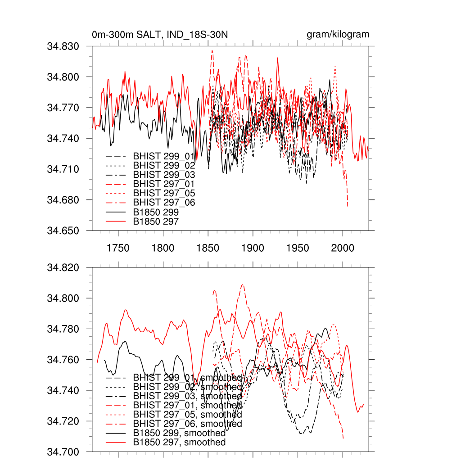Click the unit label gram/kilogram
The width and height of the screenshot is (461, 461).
click(338, 35)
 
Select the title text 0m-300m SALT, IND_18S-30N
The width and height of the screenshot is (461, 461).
click(162, 35)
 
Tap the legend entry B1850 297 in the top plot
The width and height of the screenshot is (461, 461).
click(156, 221)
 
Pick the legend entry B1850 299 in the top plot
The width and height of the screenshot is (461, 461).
click(156, 212)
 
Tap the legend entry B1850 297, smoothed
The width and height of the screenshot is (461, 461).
click(179, 443)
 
